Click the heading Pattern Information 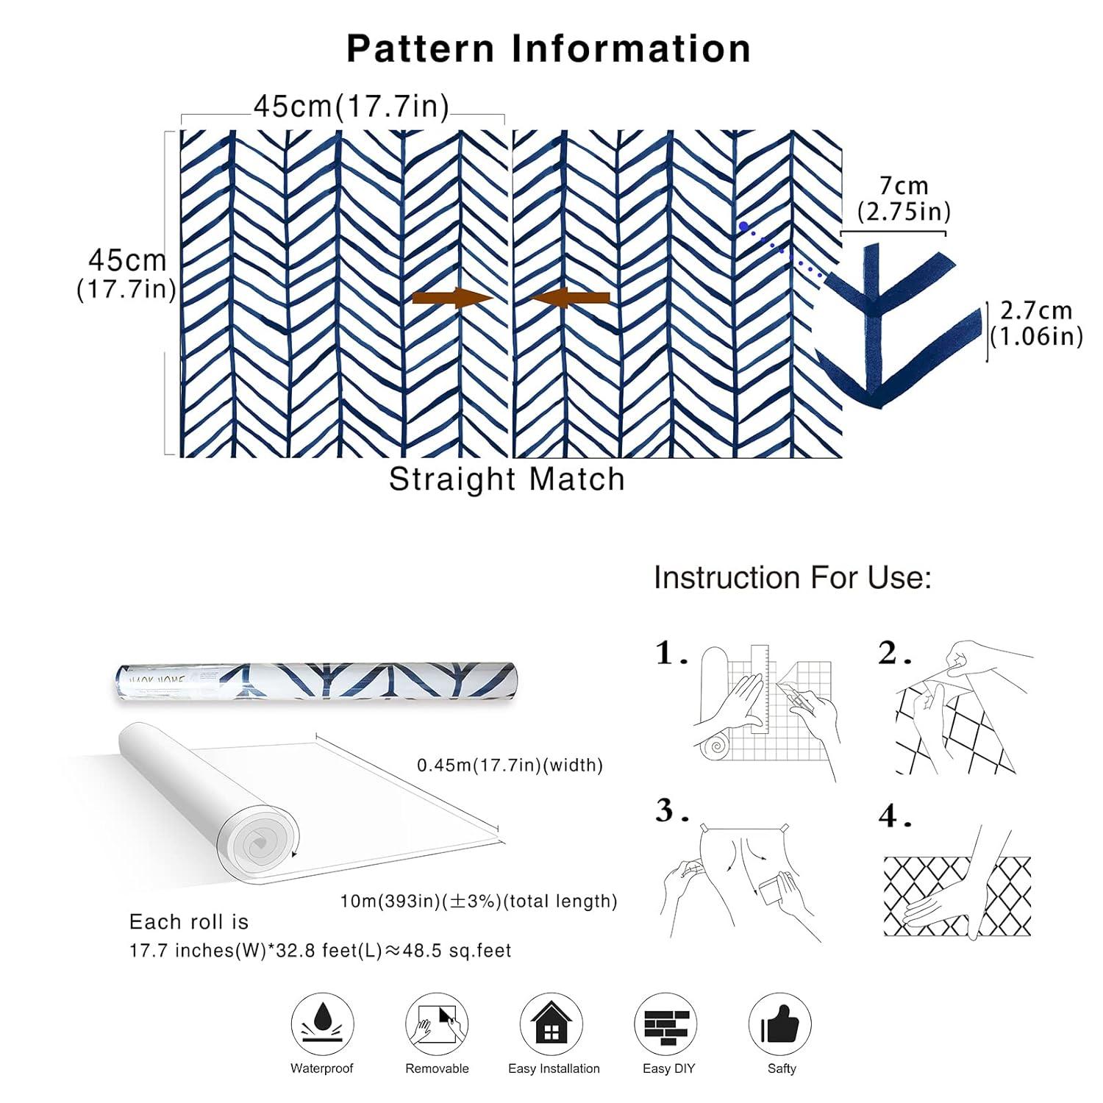point(549,49)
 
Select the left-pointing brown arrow point(571,298)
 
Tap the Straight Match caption point(507,479)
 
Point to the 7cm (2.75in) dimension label point(904,199)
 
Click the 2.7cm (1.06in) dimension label point(1036,323)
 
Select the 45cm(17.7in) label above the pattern point(351,107)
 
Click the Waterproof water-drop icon point(322,1024)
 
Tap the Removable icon point(437,1024)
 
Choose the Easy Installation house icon point(551,1024)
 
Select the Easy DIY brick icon point(666,1024)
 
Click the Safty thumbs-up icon point(780,1024)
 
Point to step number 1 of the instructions point(671,653)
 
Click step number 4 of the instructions point(893,816)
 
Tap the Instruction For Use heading point(792,578)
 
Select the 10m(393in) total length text point(478,902)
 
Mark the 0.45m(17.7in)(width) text point(510,765)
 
